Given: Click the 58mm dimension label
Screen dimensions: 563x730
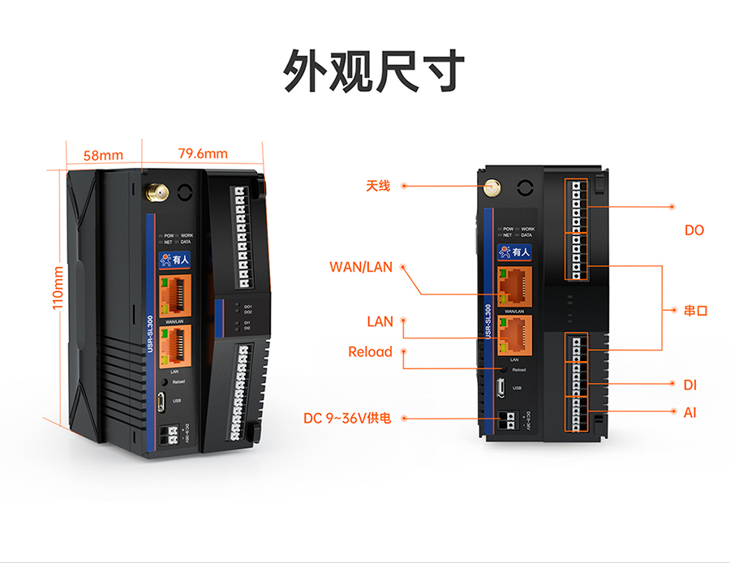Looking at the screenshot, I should [103, 154].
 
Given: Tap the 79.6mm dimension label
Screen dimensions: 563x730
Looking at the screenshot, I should [203, 153].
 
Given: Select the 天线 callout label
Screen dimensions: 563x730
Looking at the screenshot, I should [377, 187].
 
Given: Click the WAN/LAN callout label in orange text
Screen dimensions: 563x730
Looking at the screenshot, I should [361, 266].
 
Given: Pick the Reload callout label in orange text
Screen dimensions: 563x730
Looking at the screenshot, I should [370, 352].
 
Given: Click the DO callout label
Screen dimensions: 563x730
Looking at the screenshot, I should [694, 230].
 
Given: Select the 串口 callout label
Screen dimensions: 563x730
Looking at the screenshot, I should [696, 310].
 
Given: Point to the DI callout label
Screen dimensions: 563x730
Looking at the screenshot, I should [690, 385].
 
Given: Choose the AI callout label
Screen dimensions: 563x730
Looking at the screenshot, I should [690, 413].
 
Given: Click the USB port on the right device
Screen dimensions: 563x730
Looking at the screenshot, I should [504, 387].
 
